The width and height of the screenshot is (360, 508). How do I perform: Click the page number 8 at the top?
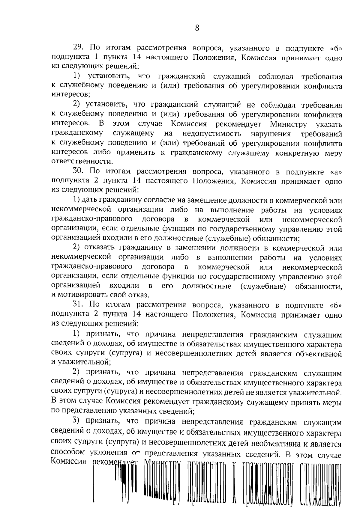pyautogui.click(x=197, y=28)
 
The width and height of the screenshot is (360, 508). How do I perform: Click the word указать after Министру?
pyautogui.click(x=329, y=124)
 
